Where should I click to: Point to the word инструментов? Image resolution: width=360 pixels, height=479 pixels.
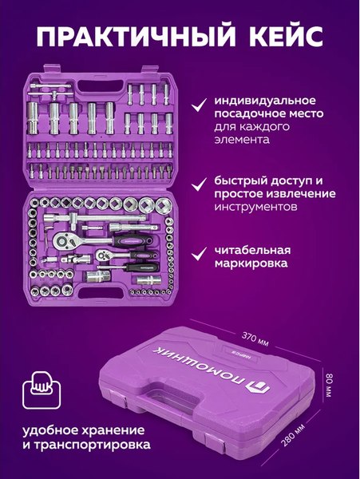pos(251,207)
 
